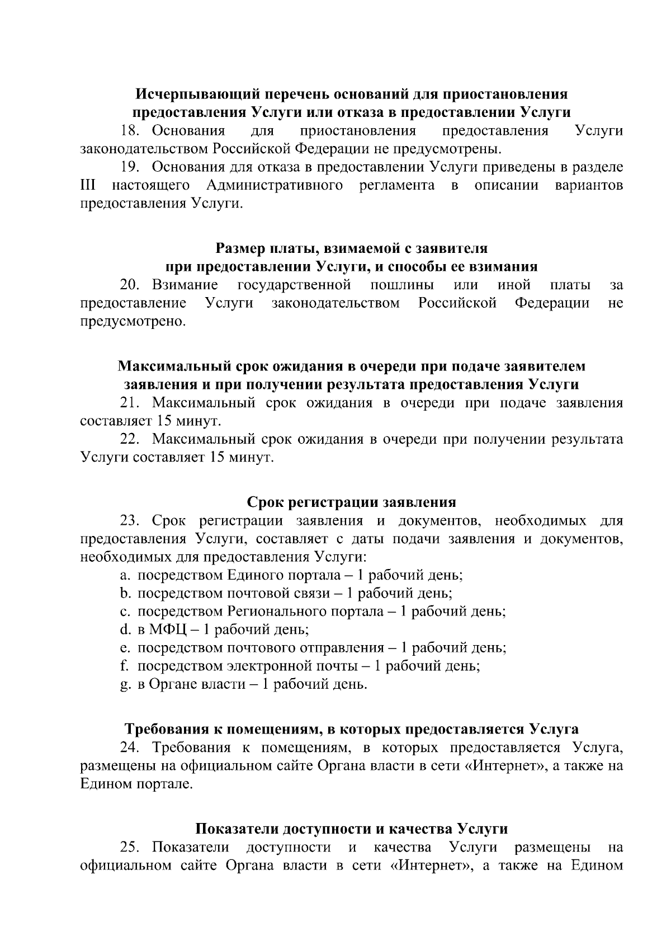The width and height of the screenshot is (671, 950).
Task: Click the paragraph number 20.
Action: pyautogui.click(x=130, y=285)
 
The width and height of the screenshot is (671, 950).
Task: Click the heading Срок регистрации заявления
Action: pyautogui.click(x=351, y=502)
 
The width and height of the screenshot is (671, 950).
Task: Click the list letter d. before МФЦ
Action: pyautogui.click(x=125, y=629)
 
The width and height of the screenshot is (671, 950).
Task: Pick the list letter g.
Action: pyautogui.click(x=125, y=684)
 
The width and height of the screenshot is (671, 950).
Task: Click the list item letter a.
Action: pyautogui.click(x=125, y=575)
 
